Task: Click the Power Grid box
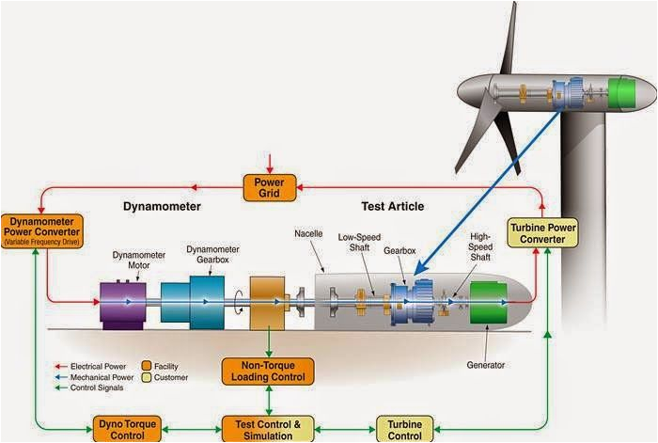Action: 270,187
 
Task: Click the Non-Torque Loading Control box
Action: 269,371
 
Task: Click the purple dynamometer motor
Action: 121,302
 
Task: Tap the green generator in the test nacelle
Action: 490,304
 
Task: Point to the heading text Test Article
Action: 392,206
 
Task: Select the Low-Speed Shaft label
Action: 358,244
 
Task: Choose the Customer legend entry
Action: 169,377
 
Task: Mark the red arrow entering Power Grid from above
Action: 270,162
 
